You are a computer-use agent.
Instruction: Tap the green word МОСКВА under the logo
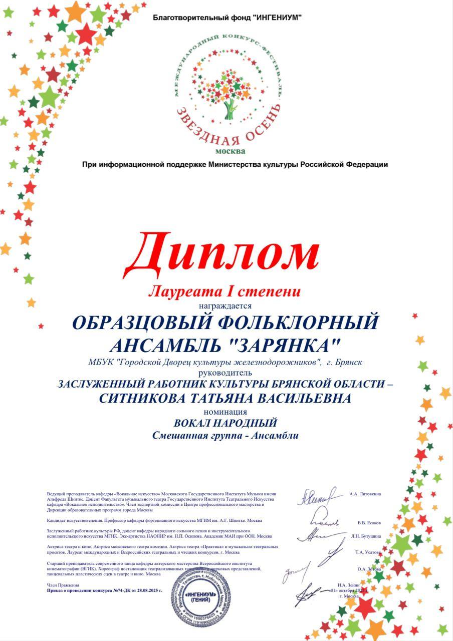click(x=231, y=151)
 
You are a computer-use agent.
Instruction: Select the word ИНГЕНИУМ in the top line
click(x=278, y=18)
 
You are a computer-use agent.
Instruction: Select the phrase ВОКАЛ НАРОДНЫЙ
click(x=225, y=423)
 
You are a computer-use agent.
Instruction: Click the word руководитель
click(x=226, y=373)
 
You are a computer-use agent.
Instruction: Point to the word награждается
click(x=226, y=304)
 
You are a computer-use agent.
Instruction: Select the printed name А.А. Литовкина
click(x=365, y=494)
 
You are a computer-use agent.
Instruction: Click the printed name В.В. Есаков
click(x=366, y=522)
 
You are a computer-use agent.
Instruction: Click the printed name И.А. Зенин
click(x=349, y=585)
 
